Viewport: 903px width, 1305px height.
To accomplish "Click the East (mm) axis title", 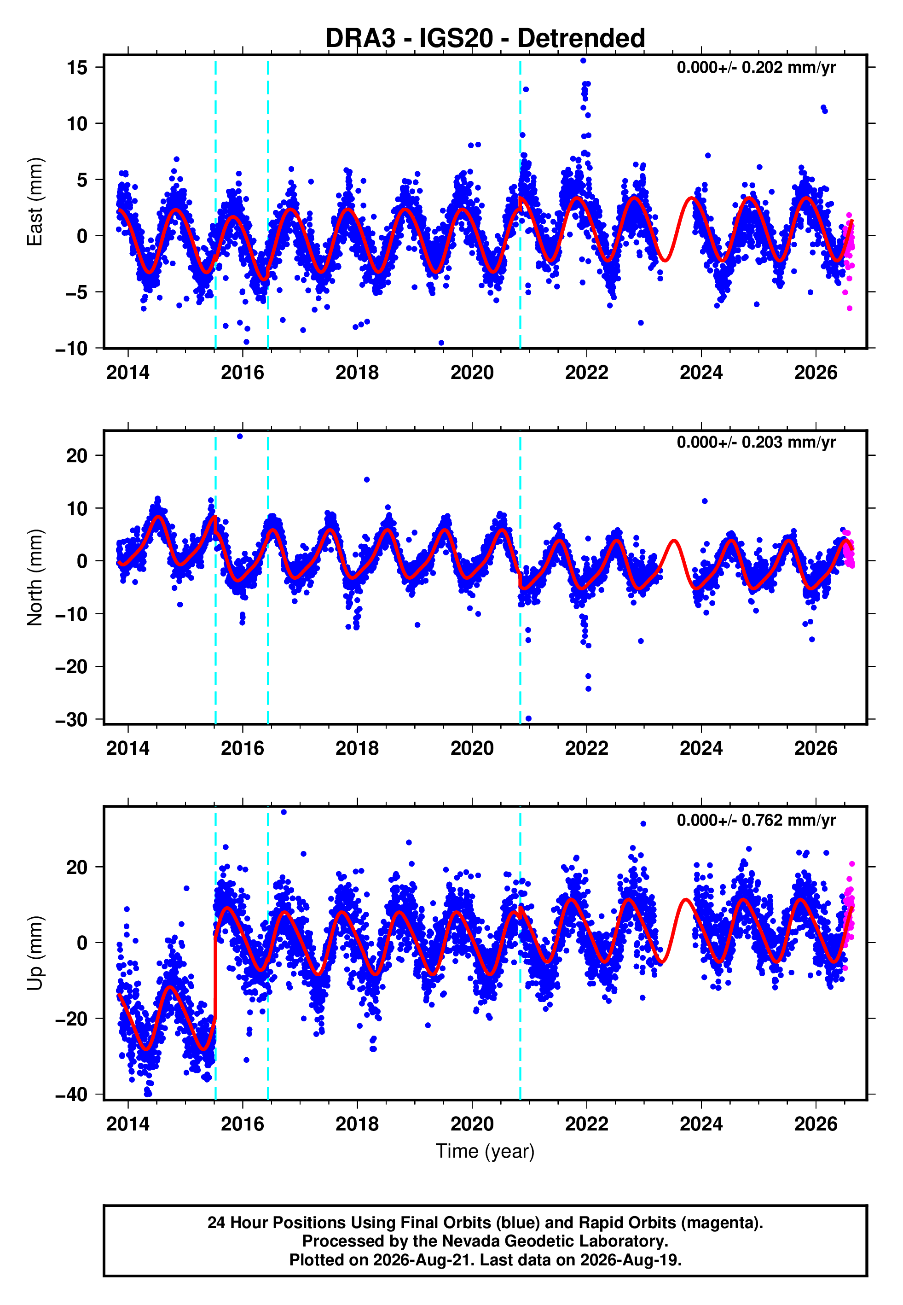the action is click(x=35, y=202).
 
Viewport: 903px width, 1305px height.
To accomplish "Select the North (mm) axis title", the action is click(x=35, y=577).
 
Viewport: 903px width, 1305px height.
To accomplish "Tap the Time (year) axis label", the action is click(x=485, y=1152).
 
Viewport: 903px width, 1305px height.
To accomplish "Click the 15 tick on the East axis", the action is click(x=77, y=67).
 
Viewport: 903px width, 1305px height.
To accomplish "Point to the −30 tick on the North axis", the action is click(x=71, y=720).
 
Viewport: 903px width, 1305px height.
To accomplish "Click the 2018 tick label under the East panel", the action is click(x=357, y=373).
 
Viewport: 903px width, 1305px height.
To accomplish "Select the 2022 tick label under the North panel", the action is click(x=587, y=748).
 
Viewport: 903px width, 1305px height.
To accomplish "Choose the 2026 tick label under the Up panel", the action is click(x=816, y=1124).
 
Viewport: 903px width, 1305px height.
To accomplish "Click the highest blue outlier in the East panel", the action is click(x=583, y=60).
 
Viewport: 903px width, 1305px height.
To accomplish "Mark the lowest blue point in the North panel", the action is click(x=528, y=719).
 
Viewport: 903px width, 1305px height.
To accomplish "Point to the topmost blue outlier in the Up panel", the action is click(x=284, y=812).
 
